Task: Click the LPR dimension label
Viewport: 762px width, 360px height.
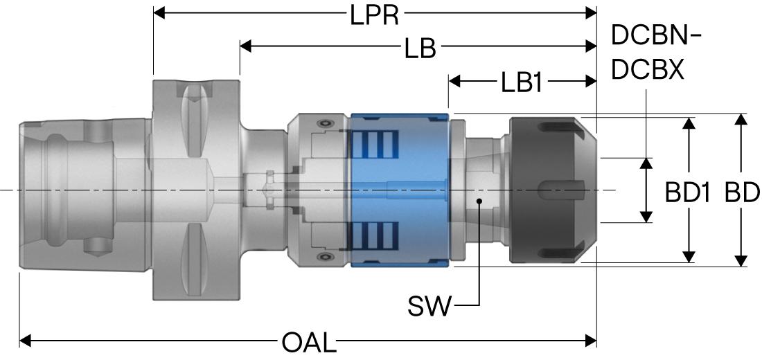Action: pos(374,15)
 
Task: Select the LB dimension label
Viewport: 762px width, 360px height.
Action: pos(420,49)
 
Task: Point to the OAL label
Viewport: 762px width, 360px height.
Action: pos(309,343)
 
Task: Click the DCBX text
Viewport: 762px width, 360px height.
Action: pos(648,71)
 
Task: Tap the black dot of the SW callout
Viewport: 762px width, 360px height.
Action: pos(479,201)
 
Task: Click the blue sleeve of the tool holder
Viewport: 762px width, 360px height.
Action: pos(400,190)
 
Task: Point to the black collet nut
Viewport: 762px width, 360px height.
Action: pos(553,190)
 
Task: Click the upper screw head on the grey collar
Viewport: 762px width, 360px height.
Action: pos(324,124)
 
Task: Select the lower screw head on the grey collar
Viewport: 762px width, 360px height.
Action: pos(324,257)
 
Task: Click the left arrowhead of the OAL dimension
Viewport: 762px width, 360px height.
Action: pos(25,341)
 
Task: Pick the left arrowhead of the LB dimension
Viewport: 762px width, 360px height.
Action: pos(245,46)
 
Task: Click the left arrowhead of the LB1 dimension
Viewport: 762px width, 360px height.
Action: pos(454,81)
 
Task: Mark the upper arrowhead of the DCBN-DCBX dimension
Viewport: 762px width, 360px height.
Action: pos(646,163)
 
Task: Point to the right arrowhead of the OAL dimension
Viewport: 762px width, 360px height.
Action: pos(591,341)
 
